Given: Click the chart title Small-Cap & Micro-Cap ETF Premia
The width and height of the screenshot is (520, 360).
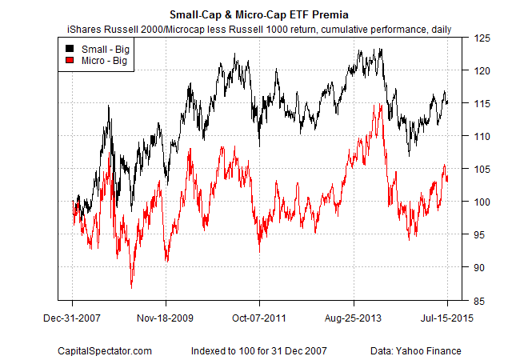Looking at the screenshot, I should [x=259, y=14].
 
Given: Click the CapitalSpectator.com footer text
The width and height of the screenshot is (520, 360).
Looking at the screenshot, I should [x=103, y=350].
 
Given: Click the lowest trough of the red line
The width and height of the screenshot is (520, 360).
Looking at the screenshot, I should [x=131, y=287].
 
